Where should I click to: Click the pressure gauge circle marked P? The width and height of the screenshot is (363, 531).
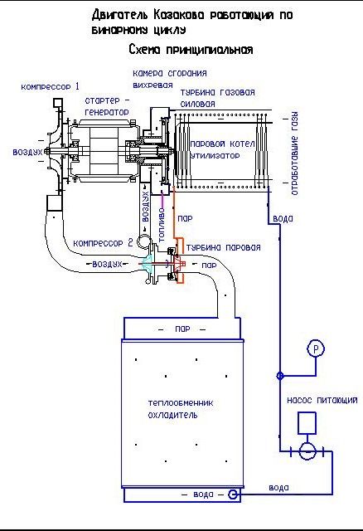tap(315, 348)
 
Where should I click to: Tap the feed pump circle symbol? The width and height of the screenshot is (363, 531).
tap(307, 451)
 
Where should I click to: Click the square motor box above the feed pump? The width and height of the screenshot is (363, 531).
tap(307, 423)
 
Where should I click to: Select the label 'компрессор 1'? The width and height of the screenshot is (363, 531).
tap(50, 86)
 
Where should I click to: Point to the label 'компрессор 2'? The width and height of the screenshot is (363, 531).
tap(104, 243)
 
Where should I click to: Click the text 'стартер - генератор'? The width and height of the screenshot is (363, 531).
tap(107, 106)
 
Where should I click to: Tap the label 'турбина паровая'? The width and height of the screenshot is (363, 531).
tap(223, 247)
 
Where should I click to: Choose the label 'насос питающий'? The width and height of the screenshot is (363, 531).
tap(322, 400)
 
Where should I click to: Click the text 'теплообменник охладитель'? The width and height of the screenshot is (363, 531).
tap(181, 409)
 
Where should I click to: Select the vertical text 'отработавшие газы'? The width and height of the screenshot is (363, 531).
tap(295, 153)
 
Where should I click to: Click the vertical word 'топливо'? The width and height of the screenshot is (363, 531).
tap(162, 225)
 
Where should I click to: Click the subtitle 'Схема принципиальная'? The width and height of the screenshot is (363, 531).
tap(191, 50)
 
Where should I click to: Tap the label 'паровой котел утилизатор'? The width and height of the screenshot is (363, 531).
tap(222, 149)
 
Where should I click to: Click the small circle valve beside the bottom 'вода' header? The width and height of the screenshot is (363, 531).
tap(232, 494)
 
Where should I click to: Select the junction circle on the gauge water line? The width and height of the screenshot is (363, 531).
tap(280, 376)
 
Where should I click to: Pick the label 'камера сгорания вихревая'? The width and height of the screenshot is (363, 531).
tap(170, 79)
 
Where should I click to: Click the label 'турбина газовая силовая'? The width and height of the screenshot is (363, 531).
tap(217, 98)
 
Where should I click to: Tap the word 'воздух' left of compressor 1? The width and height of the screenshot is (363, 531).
tap(27, 152)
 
